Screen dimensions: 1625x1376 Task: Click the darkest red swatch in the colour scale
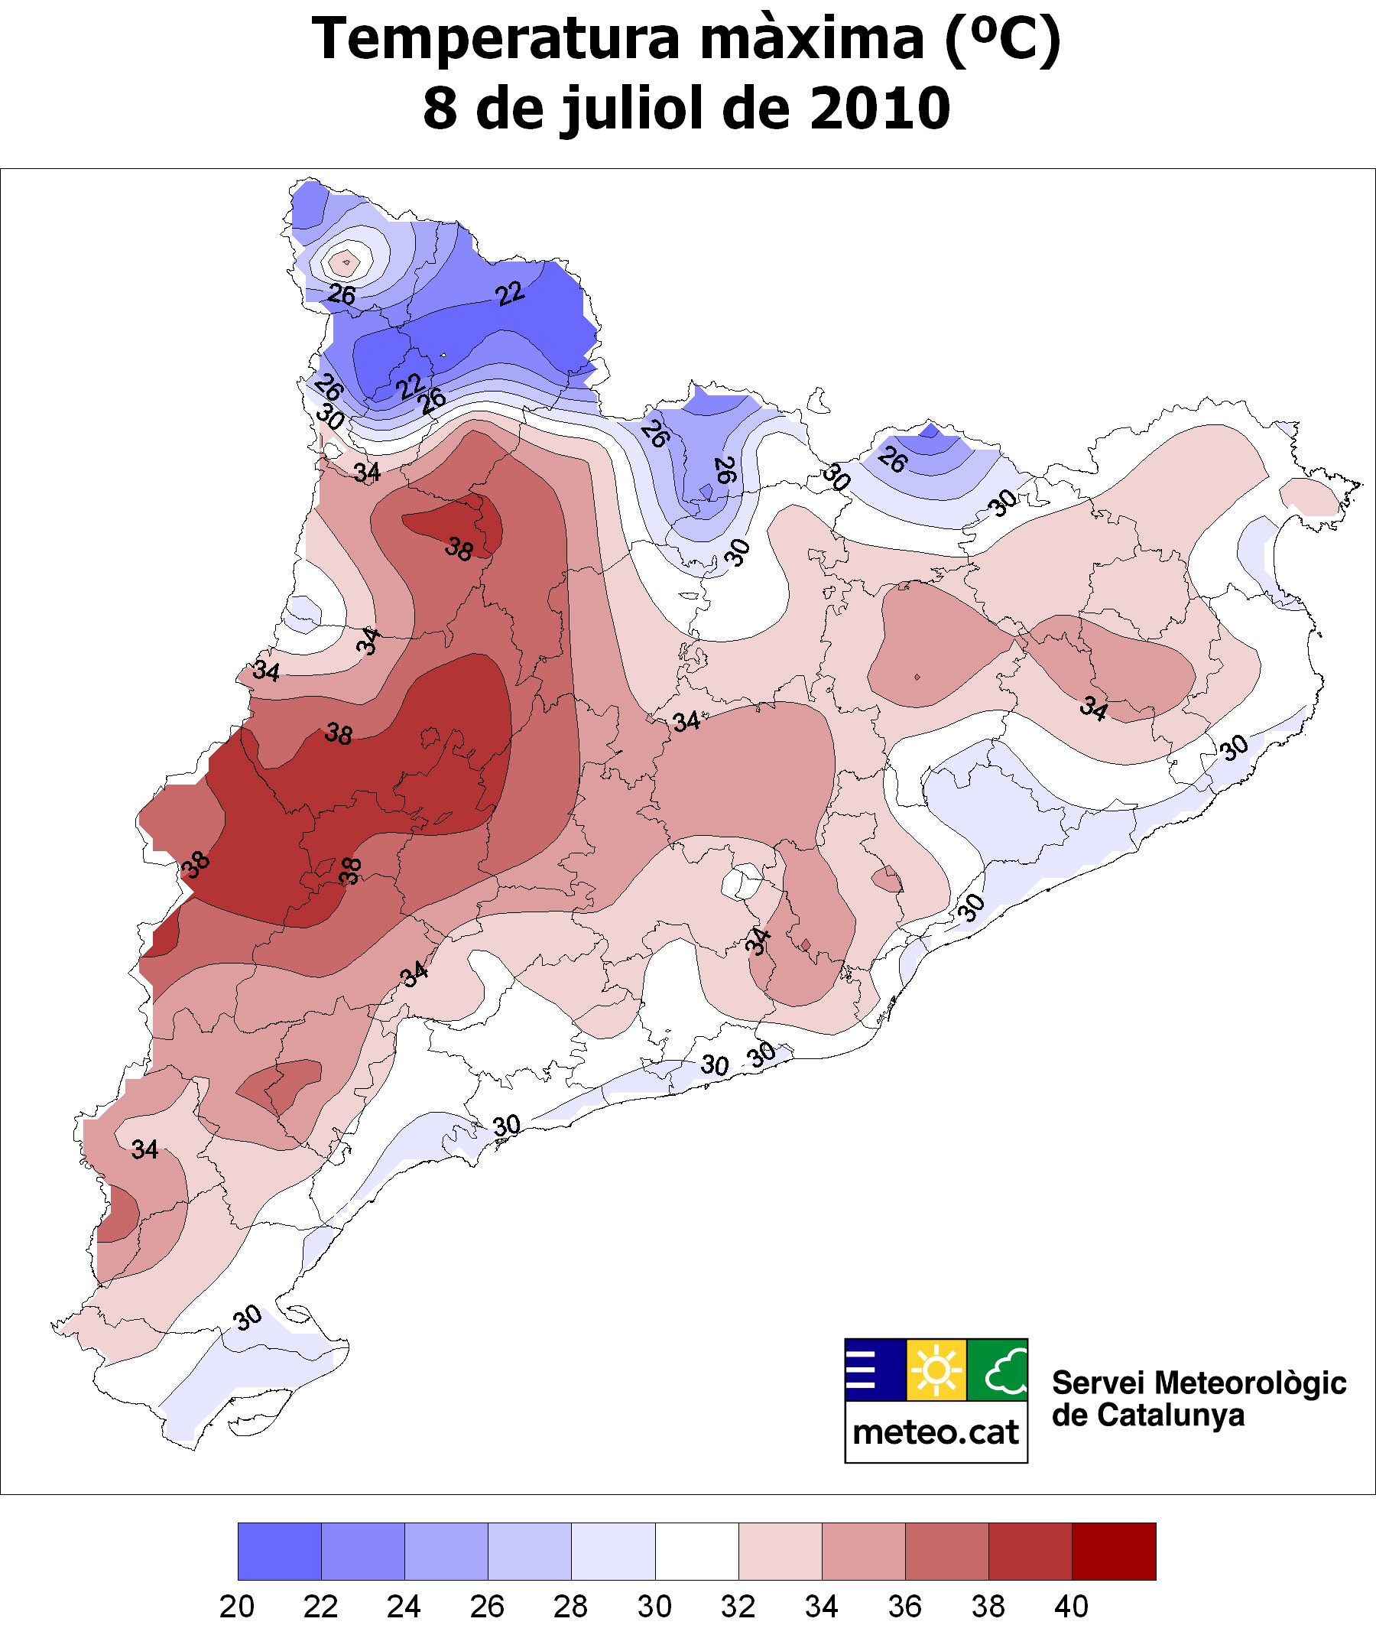(1114, 1552)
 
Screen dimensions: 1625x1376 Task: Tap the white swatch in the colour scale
(696, 1552)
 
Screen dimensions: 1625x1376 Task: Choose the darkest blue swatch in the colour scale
(279, 1552)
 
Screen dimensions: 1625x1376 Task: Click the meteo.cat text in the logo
(936, 1432)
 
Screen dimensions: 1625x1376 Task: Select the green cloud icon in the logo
(998, 1370)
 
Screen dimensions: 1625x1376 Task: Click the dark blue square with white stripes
(875, 1370)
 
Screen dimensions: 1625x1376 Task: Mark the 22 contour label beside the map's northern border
(510, 294)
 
